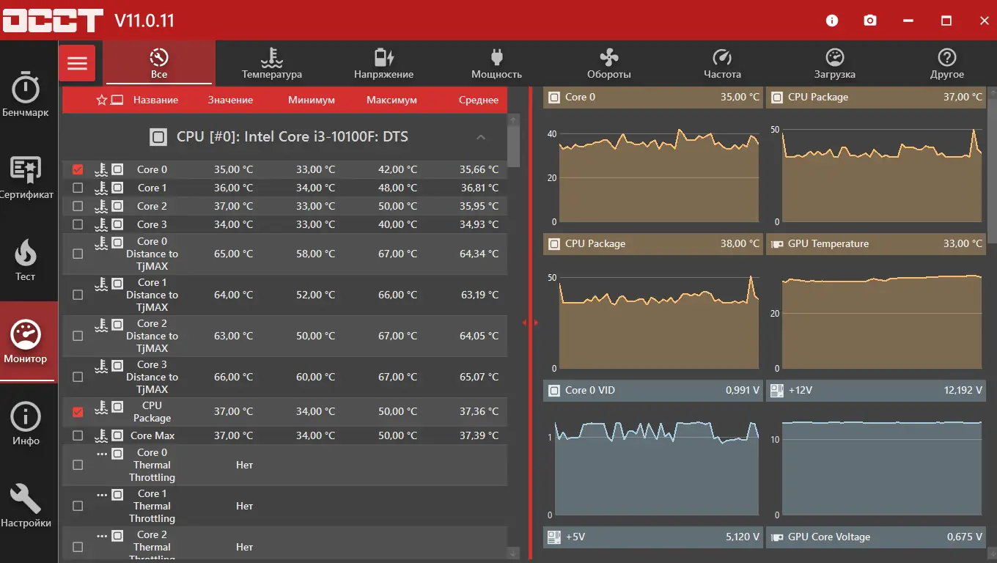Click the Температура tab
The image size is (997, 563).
pyautogui.click(x=271, y=64)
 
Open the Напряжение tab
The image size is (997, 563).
pyautogui.click(x=383, y=64)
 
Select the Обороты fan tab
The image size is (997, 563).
pyautogui.click(x=608, y=64)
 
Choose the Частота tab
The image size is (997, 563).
pyautogui.click(x=722, y=64)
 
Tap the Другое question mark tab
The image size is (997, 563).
pyautogui.click(x=946, y=64)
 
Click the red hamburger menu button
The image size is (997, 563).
pyautogui.click(x=77, y=63)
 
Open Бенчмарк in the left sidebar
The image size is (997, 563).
pyautogui.click(x=26, y=95)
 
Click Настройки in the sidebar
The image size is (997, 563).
pyautogui.click(x=26, y=505)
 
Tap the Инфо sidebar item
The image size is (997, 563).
pyautogui.click(x=26, y=423)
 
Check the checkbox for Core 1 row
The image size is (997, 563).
pyautogui.click(x=78, y=188)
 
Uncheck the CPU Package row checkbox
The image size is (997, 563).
pyautogui.click(x=78, y=412)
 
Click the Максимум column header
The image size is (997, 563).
pyautogui.click(x=391, y=100)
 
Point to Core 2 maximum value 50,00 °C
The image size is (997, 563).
pyautogui.click(x=392, y=206)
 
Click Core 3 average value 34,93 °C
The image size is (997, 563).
pyautogui.click(x=479, y=224)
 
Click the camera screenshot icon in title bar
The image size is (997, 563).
pyautogui.click(x=870, y=21)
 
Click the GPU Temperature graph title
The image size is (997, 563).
pyautogui.click(x=828, y=243)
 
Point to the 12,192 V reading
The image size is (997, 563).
pyautogui.click(x=963, y=390)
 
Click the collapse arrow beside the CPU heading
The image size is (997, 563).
pyautogui.click(x=481, y=137)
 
